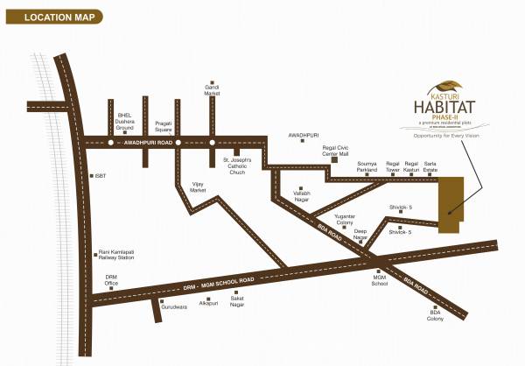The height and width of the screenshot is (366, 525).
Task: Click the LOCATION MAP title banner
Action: click(x=52, y=16)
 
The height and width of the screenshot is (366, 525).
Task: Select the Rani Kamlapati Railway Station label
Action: click(x=116, y=255)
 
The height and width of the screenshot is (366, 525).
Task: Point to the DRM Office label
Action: click(x=111, y=281)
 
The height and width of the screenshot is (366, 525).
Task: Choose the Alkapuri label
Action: click(x=207, y=302)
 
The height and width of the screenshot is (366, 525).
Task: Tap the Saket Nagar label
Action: click(x=236, y=300)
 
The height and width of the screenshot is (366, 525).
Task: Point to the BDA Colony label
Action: click(x=436, y=316)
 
